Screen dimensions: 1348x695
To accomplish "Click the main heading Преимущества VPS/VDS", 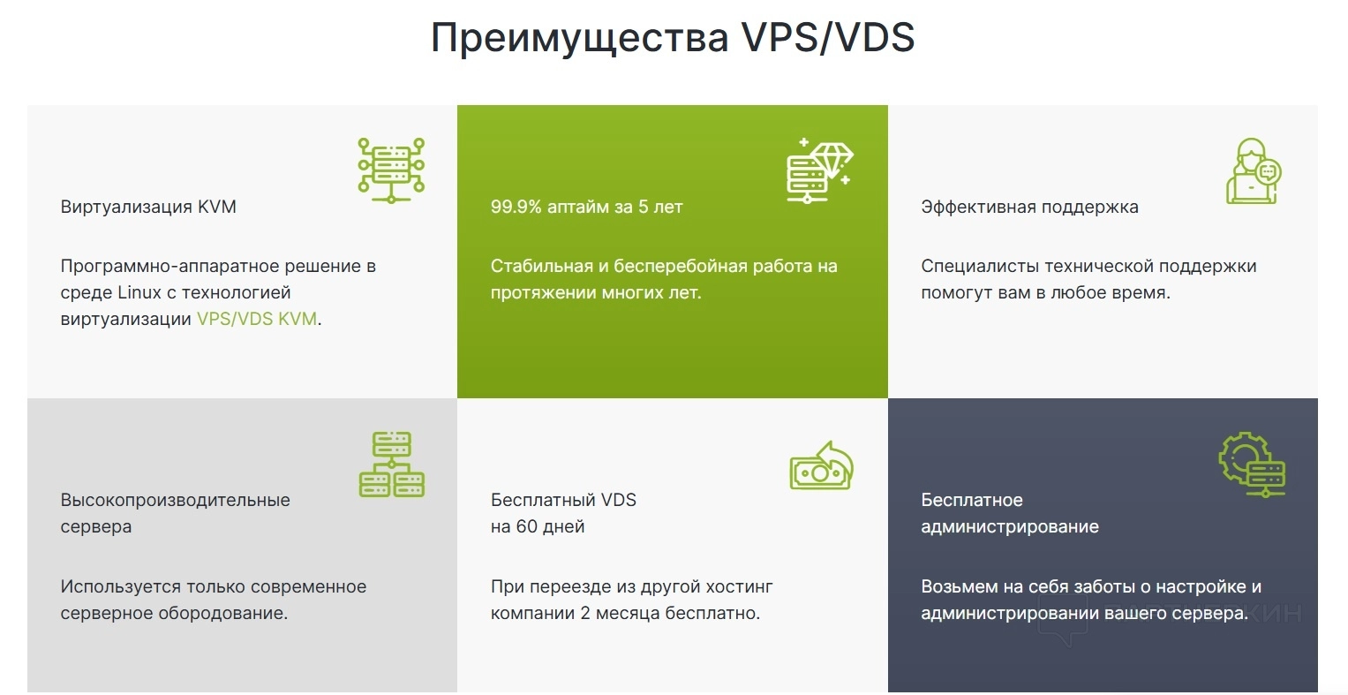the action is coord(673,37).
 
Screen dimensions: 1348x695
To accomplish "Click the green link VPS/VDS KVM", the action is coord(257,319).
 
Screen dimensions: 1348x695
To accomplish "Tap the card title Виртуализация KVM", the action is coord(148,207).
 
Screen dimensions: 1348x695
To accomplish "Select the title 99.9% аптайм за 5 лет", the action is coord(587,207).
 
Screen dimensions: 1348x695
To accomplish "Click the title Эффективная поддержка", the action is coord(1029,207).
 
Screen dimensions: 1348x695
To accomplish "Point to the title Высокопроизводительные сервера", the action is coord(175,513).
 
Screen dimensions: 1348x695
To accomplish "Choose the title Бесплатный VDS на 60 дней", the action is coord(563,513).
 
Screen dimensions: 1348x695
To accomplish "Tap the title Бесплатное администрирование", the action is coord(1010,513).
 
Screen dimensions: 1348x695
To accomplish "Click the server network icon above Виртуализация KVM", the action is coord(391,170).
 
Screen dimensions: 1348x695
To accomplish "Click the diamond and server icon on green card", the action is coord(820,170).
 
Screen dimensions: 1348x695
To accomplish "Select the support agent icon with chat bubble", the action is coord(1254,170).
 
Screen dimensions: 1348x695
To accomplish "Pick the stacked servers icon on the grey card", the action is coord(392,465).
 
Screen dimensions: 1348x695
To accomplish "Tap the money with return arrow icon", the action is coord(822,465).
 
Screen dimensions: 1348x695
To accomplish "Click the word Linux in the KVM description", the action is coord(139,292).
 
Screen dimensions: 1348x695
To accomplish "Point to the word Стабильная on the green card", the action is coord(542,266).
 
